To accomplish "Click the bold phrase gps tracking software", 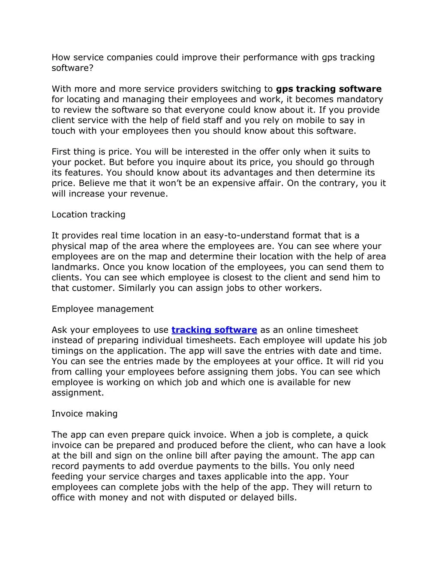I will point(328,89).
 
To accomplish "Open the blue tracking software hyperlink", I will point(214,330).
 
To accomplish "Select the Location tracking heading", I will point(88,214).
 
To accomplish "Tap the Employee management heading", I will point(102,309).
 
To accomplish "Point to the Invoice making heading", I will point(84,414).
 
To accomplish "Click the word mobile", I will point(310,120).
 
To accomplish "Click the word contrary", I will point(340,183).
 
